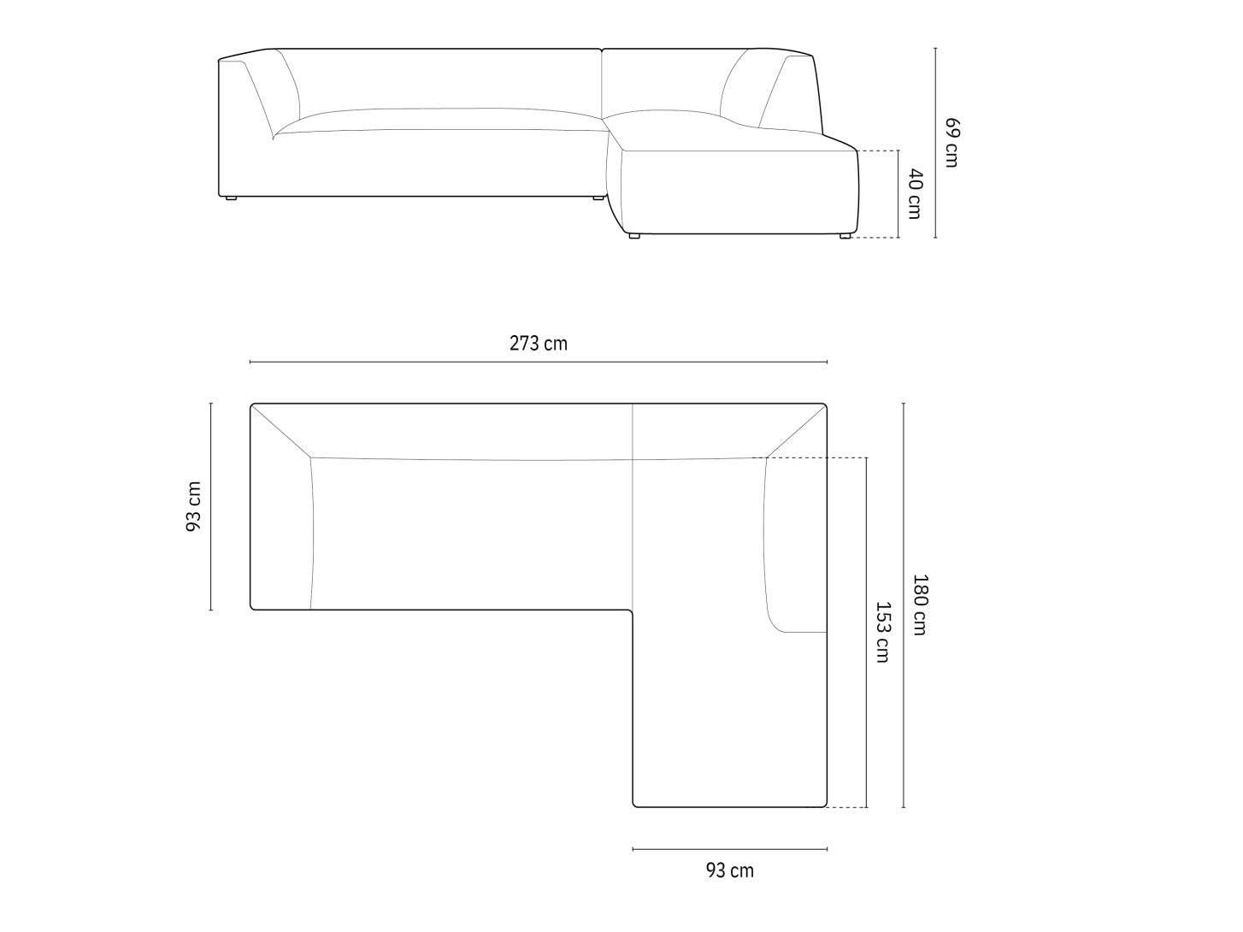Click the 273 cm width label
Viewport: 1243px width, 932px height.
538,344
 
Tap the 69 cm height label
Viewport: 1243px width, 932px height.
952,142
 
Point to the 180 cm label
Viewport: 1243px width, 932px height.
920,605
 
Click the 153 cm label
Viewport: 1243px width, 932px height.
883,632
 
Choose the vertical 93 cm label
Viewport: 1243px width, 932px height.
194,506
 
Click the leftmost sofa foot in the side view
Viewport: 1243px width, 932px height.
231,198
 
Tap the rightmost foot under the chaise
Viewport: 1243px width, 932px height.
845,235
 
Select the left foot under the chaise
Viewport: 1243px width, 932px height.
634,235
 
